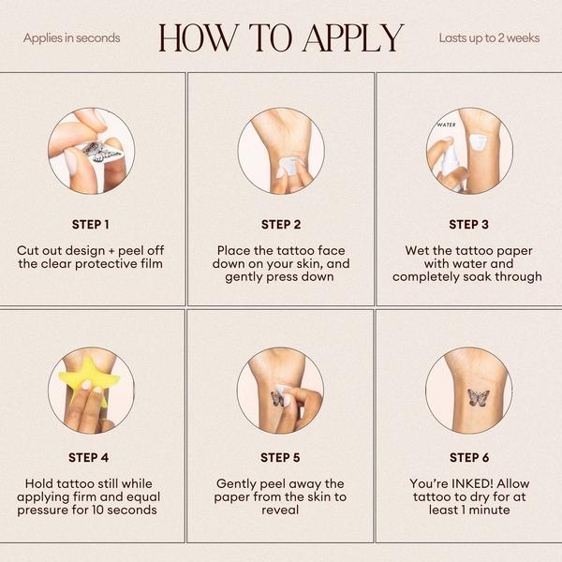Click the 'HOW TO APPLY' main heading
pos(281,38)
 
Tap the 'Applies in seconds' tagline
pos(72,38)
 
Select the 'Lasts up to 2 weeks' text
pos(489,38)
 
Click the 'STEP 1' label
pos(90,225)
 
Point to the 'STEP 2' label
pos(281,225)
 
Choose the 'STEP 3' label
pos(469,225)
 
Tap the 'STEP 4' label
pos(89,458)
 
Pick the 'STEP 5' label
pos(280,458)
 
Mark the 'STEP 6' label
pos(469,458)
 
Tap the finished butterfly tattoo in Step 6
pos(479,398)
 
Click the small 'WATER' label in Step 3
pos(447,125)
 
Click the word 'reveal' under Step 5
pos(280,510)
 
